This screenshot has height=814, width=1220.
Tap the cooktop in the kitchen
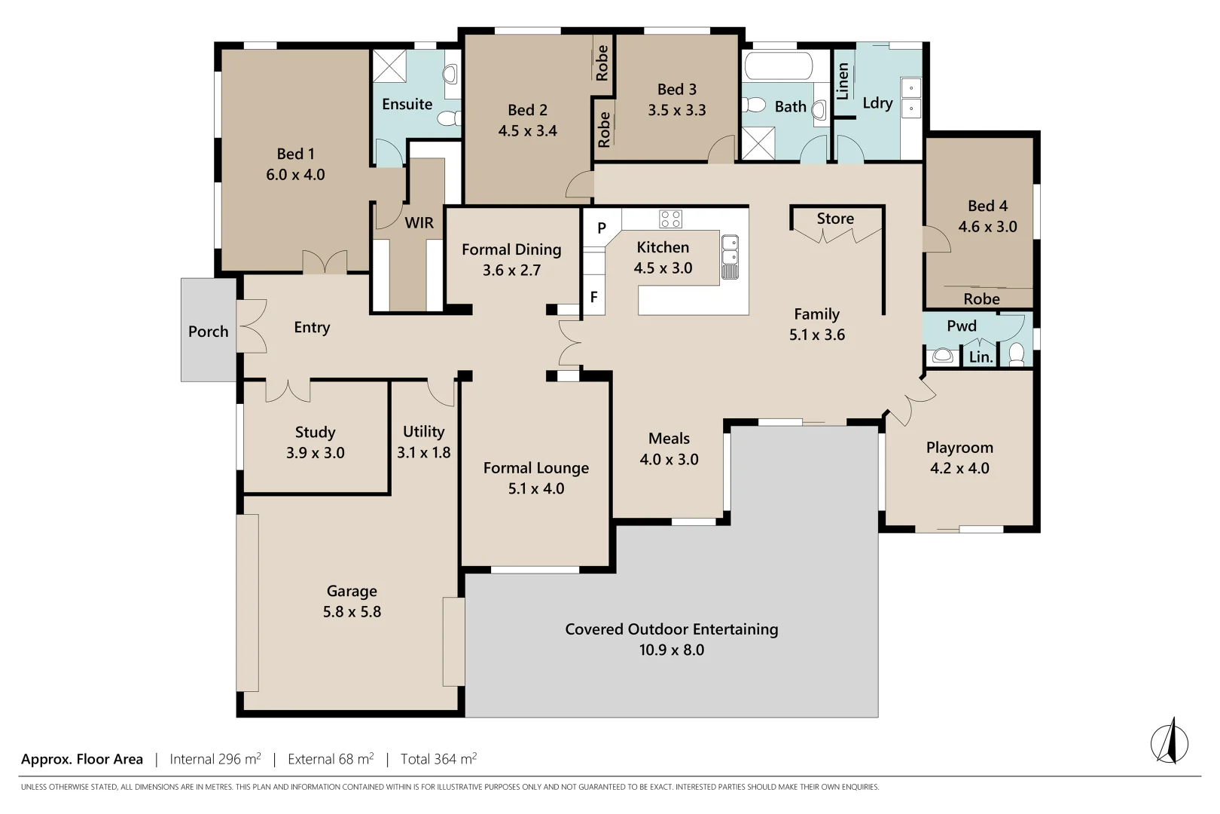click(x=670, y=219)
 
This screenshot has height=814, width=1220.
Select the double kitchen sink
click(x=730, y=257)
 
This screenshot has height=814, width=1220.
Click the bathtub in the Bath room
click(x=778, y=66)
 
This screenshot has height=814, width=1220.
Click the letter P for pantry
click(x=602, y=228)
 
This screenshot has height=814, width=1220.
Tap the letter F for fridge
click(x=593, y=298)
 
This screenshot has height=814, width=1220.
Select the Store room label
click(x=835, y=219)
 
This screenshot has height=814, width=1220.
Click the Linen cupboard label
click(x=843, y=81)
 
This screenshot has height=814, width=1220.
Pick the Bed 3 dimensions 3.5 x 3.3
click(x=676, y=110)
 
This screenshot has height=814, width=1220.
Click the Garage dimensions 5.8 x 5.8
click(x=352, y=612)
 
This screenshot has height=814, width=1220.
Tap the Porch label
click(x=208, y=332)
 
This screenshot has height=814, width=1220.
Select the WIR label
click(x=419, y=223)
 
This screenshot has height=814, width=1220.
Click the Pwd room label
click(x=961, y=326)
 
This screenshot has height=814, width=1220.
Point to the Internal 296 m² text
click(x=215, y=759)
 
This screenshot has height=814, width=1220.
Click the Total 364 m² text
click(x=438, y=759)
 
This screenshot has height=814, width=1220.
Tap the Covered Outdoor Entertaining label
click(x=671, y=629)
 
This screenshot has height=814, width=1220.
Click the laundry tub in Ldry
click(x=911, y=98)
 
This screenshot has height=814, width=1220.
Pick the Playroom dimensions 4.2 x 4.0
click(x=959, y=468)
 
